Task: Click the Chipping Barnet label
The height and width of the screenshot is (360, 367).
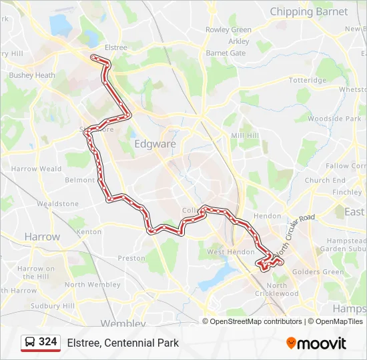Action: (x=309, y=11)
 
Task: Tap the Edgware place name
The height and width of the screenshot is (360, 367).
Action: (x=155, y=143)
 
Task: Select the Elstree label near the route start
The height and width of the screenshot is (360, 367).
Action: (x=115, y=47)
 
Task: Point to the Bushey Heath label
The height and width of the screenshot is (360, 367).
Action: (x=31, y=75)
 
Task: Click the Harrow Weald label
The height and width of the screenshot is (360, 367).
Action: (x=31, y=169)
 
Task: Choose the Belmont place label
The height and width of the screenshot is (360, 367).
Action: (x=79, y=180)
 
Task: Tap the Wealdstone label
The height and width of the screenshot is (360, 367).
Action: (x=57, y=204)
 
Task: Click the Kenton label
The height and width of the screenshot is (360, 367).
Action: (x=89, y=232)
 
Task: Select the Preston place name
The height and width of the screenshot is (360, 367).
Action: (x=131, y=258)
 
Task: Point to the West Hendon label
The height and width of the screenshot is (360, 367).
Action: (x=230, y=252)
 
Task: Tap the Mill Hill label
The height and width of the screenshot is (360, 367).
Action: (x=244, y=135)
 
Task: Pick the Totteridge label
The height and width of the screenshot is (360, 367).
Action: (x=308, y=80)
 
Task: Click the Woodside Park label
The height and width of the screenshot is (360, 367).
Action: (x=334, y=119)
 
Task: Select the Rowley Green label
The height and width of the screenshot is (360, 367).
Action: (x=228, y=30)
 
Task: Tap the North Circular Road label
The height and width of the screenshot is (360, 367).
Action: (x=294, y=233)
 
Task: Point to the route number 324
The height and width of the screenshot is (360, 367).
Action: (x=48, y=342)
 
